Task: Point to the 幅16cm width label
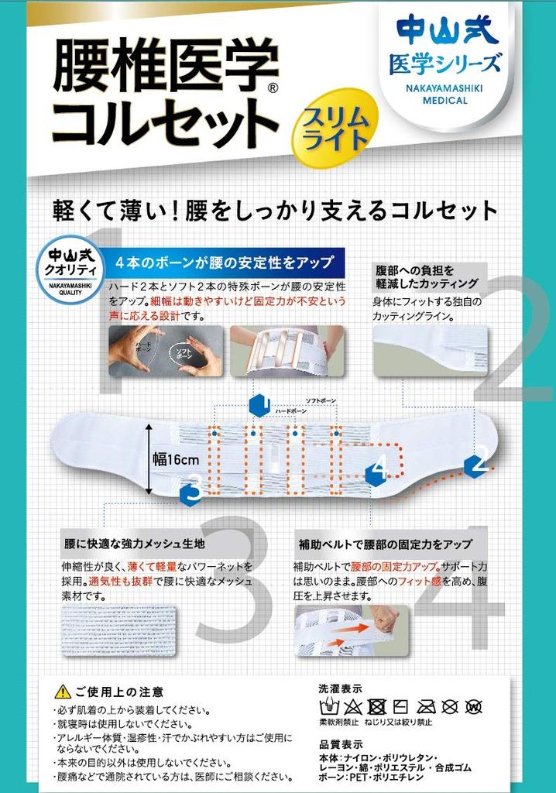[176, 459]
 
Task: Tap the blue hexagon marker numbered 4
[377, 469]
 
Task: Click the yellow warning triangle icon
[63, 692]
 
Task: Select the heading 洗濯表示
[340, 688]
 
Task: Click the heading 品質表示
[340, 742]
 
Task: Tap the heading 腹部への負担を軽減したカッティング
[427, 276]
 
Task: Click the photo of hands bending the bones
[166, 351]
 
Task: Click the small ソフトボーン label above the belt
[321, 400]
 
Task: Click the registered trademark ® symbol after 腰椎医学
[272, 88]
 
